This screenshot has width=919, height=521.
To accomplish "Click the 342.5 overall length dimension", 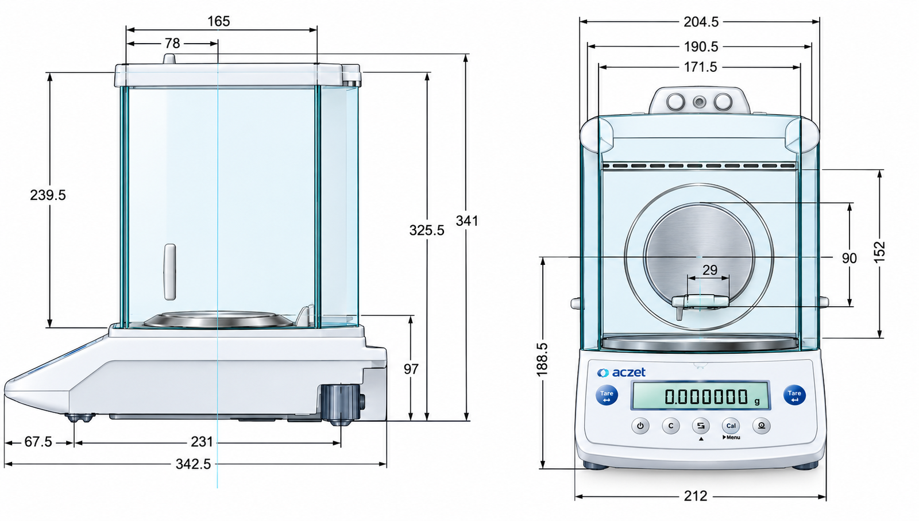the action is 193,464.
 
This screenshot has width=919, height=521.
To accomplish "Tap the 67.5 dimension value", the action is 38,442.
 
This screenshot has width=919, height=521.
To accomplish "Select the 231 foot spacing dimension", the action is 202,442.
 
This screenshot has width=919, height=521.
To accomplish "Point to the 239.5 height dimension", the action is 48,195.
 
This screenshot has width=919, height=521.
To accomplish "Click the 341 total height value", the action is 467,221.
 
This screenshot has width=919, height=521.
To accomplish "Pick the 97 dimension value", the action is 411,369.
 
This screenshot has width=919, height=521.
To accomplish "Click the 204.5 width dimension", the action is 701,22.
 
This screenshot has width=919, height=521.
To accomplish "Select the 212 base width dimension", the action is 696,496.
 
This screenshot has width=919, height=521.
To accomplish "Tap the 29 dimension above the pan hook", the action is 710,270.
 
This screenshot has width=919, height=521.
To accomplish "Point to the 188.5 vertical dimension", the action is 542,360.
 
